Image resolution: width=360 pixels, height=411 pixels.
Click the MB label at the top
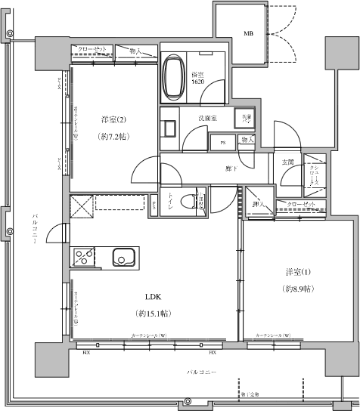[x=248, y=34]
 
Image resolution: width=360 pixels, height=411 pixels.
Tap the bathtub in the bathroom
[x=173, y=76]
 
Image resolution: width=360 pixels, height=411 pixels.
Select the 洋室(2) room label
[x=112, y=119]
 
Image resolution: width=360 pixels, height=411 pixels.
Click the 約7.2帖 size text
[x=112, y=138]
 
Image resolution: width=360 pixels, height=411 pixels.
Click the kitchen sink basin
[x=121, y=258]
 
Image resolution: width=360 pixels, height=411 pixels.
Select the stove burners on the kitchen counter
[x=82, y=258]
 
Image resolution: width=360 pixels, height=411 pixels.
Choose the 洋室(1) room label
[x=296, y=272]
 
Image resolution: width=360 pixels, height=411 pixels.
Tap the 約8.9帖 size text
[x=296, y=290]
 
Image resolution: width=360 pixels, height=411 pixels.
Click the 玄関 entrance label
[x=287, y=162]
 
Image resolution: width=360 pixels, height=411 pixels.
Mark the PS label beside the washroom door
[x=222, y=141]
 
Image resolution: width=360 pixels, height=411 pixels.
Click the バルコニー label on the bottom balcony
[x=203, y=373]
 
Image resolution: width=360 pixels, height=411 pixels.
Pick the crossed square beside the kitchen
[x=81, y=205]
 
